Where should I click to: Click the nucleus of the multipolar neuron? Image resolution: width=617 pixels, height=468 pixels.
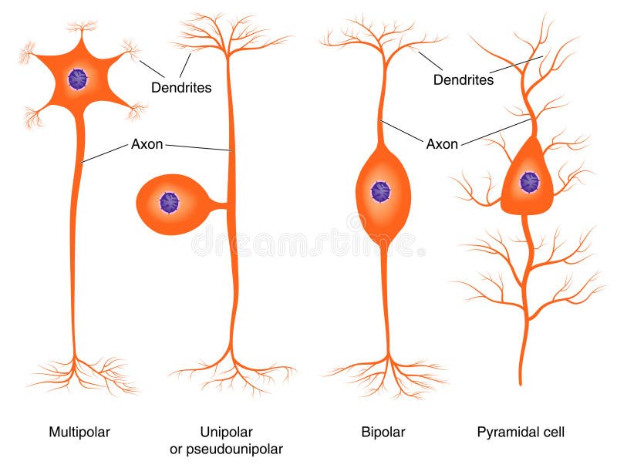[x=77, y=79]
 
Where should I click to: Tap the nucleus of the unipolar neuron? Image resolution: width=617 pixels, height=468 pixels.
[x=169, y=203]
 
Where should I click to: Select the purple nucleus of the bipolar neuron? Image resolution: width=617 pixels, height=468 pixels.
[x=380, y=191]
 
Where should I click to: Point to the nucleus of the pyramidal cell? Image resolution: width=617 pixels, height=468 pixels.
[x=529, y=182]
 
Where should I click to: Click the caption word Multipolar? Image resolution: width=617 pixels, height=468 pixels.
[x=79, y=432]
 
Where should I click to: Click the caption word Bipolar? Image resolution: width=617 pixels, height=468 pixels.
[x=383, y=432]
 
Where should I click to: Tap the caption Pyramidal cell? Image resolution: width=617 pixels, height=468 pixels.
[x=521, y=432]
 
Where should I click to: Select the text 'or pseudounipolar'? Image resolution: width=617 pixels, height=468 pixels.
[x=226, y=449]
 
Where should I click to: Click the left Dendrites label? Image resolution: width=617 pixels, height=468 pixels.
[x=181, y=88]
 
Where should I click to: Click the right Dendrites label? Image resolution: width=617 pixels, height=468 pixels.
[x=463, y=79]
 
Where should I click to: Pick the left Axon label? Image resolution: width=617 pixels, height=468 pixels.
[x=147, y=144]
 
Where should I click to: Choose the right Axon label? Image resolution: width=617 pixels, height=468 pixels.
[x=442, y=143]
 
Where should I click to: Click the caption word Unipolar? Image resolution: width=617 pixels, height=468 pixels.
[x=226, y=432]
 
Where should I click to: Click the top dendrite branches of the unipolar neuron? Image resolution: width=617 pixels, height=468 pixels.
[x=229, y=35]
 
